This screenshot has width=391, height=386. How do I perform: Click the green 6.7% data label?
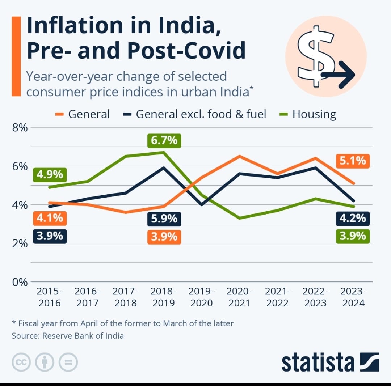pos(164,140)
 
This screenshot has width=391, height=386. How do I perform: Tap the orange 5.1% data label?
pos(353,160)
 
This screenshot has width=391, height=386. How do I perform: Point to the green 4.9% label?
pos(50,175)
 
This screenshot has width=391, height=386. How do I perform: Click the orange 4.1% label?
pos(50,218)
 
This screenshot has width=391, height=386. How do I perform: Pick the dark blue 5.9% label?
pos(164,219)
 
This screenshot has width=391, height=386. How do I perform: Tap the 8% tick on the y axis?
pos(20,128)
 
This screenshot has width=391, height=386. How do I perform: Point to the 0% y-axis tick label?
pos(20,282)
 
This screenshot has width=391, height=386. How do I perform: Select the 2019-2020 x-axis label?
pos(202,297)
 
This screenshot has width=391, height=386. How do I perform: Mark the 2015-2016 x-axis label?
pos(50,297)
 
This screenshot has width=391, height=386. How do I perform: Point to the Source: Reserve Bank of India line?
pos(68,336)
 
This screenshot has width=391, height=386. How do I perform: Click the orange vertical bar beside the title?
pos(16,56)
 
